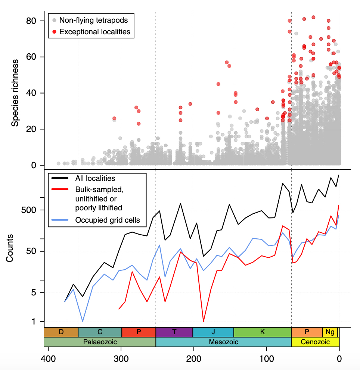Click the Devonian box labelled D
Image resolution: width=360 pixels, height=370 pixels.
tap(61, 332)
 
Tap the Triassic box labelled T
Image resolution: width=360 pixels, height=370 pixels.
tap(174, 332)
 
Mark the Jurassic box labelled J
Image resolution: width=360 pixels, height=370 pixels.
tap(213, 332)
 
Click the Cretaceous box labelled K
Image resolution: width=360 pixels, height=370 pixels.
tap(262, 332)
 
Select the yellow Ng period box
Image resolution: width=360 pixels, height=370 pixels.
tap(330, 332)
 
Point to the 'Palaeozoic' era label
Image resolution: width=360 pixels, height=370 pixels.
tap(99, 342)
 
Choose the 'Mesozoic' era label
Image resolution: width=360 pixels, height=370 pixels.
tap(223, 342)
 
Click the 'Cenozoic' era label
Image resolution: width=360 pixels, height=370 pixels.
tap(315, 342)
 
